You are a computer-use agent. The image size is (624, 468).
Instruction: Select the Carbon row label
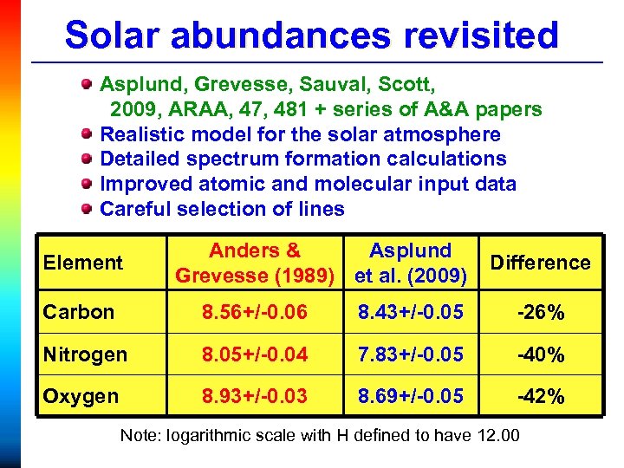tap(79, 312)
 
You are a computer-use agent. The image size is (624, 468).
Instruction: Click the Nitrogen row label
tap(85, 354)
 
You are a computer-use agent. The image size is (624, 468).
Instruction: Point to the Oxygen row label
tap(80, 396)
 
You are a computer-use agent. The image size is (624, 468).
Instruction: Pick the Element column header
tap(82, 263)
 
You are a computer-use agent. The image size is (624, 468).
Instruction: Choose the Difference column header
tap(540, 263)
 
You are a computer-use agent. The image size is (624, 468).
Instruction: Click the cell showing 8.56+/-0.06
tap(255, 312)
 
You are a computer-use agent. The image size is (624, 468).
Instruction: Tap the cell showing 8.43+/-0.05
tap(411, 312)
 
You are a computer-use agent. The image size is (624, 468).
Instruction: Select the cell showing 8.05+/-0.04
tap(255, 354)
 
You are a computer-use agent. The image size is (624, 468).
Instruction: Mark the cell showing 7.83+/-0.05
tap(411, 354)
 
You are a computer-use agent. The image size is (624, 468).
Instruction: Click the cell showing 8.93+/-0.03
tap(255, 396)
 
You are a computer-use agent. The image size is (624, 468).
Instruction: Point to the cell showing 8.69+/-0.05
tap(411, 396)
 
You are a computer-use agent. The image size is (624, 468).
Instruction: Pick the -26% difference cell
tap(540, 313)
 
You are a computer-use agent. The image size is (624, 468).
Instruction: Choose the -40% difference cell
tap(540, 354)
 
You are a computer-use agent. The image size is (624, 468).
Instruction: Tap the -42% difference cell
tap(540, 397)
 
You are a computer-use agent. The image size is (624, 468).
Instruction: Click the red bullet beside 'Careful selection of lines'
tap(86, 209)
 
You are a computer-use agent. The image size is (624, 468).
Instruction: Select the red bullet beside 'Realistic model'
tap(86, 134)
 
